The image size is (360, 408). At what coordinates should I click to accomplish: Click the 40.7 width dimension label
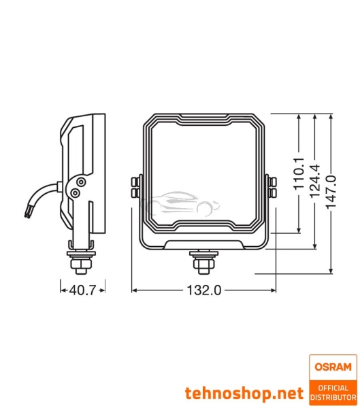pyautogui.click(x=82, y=290)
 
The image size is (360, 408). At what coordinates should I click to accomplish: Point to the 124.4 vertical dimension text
pyautogui.click(x=314, y=180)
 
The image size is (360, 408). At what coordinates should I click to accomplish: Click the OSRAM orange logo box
pyautogui.click(x=333, y=367)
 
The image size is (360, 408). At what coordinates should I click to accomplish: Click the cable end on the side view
pyautogui.click(x=27, y=213)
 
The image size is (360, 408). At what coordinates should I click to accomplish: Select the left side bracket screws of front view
pyautogui.click(x=134, y=188)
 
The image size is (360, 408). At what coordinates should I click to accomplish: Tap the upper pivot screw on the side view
pyautogui.click(x=81, y=182)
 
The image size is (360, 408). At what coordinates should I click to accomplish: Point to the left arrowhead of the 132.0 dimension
pyautogui.click(x=133, y=290)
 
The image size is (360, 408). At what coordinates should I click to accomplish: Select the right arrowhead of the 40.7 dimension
pyautogui.click(x=103, y=290)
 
